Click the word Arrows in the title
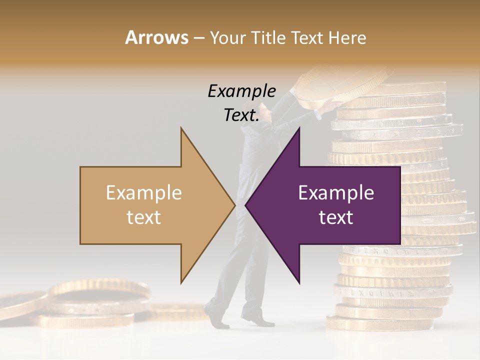coord(157,38)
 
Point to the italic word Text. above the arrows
coord(241,115)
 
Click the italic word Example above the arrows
coord(241,91)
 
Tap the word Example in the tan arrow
coord(143,193)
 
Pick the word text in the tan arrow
coord(143,217)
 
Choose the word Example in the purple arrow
coord(336,193)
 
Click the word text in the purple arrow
coord(336,217)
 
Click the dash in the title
coord(198,38)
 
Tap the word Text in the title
coord(309,38)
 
